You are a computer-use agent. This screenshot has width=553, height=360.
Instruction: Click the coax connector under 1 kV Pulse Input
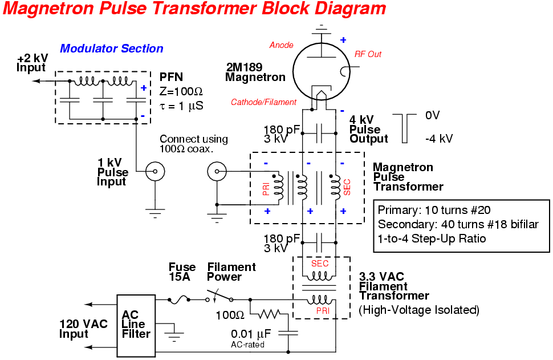pyautogui.click(x=154, y=171)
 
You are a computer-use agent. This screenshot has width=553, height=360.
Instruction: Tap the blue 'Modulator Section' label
pyautogui.click(x=112, y=49)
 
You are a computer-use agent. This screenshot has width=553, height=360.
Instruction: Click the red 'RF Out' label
pyautogui.click(x=368, y=54)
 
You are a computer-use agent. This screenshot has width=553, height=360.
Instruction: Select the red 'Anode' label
pyautogui.click(x=281, y=45)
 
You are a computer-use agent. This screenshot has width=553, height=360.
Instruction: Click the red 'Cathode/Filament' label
pyautogui.click(x=263, y=102)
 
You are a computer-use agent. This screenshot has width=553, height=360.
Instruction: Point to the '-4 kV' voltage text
pyautogui.click(x=439, y=139)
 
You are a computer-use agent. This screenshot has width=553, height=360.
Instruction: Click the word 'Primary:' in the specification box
pyautogui.click(x=396, y=209)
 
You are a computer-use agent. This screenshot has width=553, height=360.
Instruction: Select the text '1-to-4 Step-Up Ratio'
pyautogui.click(x=432, y=238)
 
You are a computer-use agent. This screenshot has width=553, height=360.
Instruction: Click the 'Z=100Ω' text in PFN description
pyautogui.click(x=181, y=91)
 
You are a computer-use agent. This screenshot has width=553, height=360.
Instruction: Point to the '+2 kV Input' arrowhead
pyautogui.click(x=35, y=81)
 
